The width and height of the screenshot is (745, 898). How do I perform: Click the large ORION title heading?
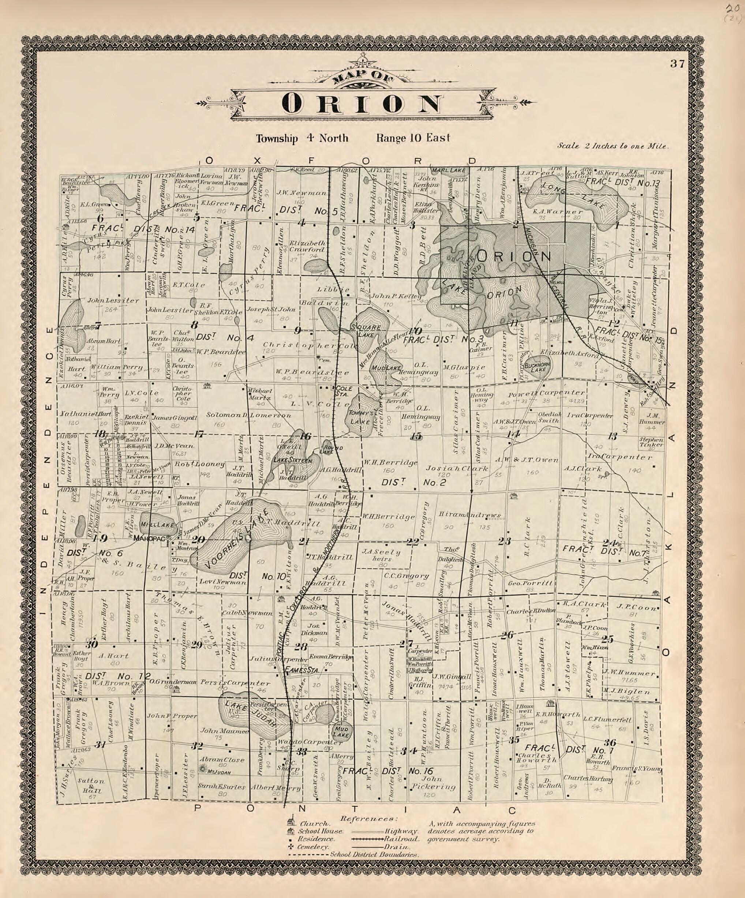[x=362, y=103]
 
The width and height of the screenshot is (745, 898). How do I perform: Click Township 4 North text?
[x=302, y=138]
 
